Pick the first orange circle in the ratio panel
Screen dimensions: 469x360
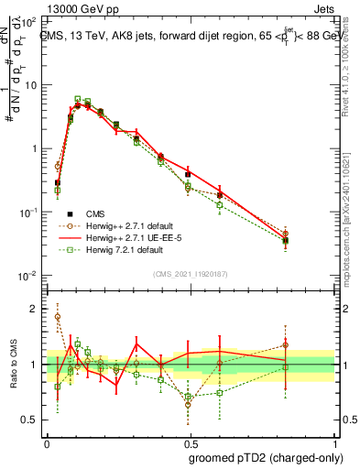coord(58,317)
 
